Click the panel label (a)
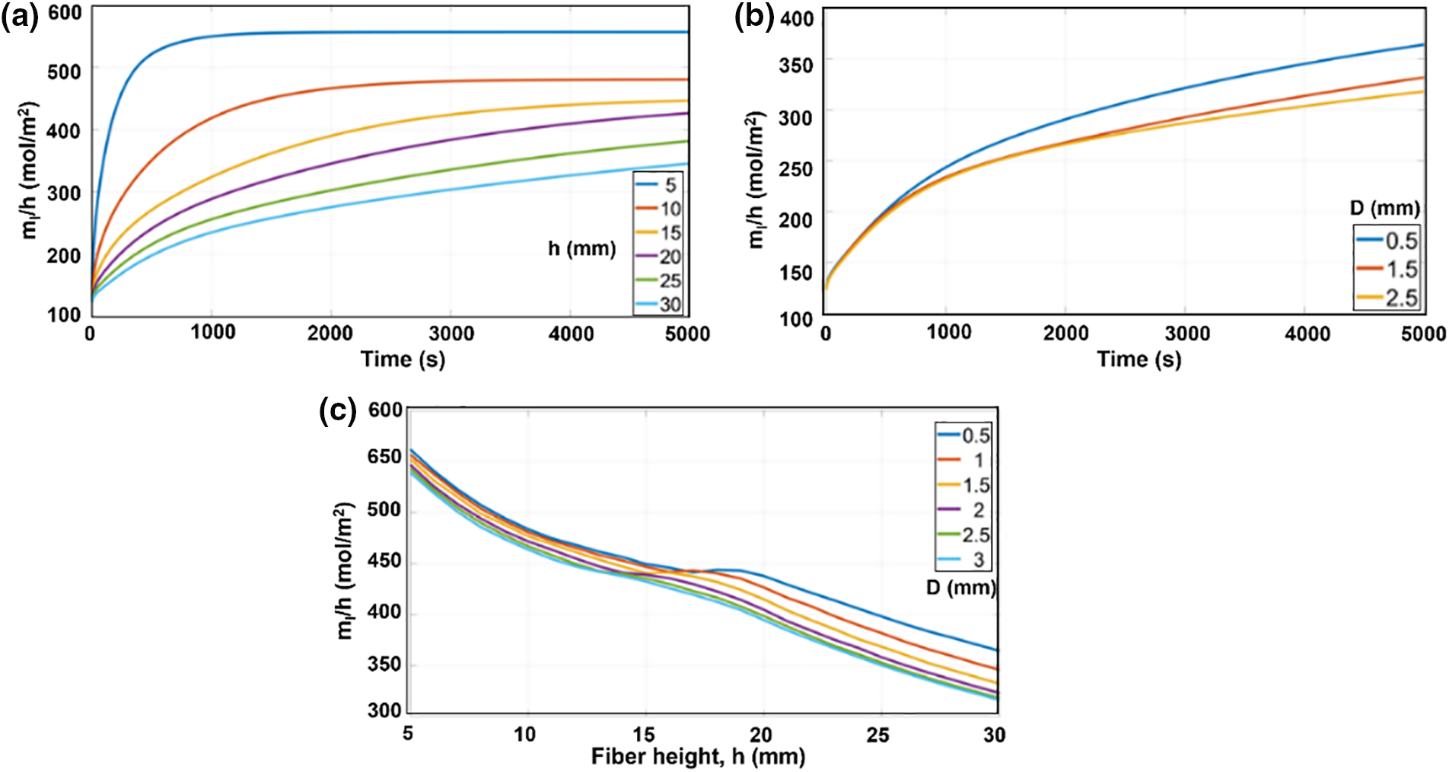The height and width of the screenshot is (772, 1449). pos(19,16)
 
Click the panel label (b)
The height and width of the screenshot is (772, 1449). pos(753,16)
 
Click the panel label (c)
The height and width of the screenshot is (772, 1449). pos(337,411)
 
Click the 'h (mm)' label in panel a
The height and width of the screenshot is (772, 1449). pos(581,248)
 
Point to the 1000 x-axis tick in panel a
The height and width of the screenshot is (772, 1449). pos(212,333)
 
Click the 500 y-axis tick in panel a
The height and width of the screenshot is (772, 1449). pos(64,72)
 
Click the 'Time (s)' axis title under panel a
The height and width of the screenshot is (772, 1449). pos(403,359)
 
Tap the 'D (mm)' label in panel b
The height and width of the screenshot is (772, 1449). pos(1385,208)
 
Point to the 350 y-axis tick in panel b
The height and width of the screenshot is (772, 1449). pos(796,65)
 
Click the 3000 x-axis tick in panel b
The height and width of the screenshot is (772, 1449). pos(1187,333)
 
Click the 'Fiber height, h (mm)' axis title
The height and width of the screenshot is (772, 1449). pos(698,757)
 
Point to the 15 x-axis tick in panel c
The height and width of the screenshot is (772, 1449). pos(644,735)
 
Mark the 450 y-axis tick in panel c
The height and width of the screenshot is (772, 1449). pos(384,561)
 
